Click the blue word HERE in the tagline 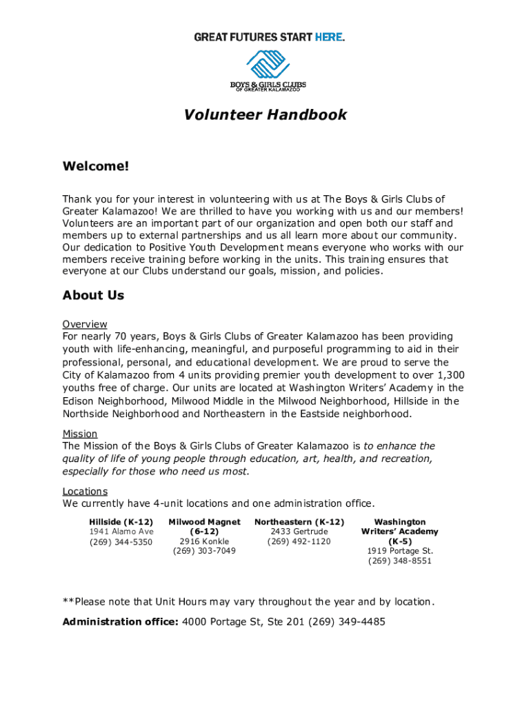pyautogui.click(x=328, y=37)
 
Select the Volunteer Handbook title pyautogui.click(x=265, y=115)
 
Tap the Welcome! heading pyautogui.click(x=95, y=167)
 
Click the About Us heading pyautogui.click(x=93, y=296)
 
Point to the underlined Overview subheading pyautogui.click(x=85, y=324)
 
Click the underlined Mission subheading pyautogui.click(x=80, y=434)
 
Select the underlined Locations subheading pyautogui.click(x=85, y=491)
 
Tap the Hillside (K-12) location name pyautogui.click(x=121, y=522)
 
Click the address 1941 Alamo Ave pyautogui.click(x=121, y=532)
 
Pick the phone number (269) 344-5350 pyautogui.click(x=121, y=542)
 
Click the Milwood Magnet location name pyautogui.click(x=204, y=522)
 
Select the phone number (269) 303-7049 pyautogui.click(x=204, y=551)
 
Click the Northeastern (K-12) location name pyautogui.click(x=299, y=522)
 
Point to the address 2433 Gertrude pyautogui.click(x=299, y=532)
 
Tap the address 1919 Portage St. pyautogui.click(x=400, y=551)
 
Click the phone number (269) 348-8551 pyautogui.click(x=400, y=561)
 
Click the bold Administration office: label pyautogui.click(x=121, y=622)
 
